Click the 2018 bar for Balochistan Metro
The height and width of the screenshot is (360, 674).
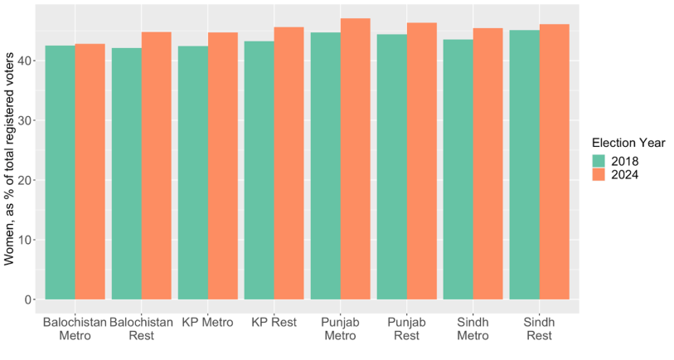(61, 173)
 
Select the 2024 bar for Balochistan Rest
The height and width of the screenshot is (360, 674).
(157, 166)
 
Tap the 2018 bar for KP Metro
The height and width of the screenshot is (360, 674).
(193, 173)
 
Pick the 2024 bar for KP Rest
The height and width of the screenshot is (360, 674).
(289, 163)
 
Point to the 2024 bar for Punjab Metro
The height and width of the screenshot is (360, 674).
(356, 158)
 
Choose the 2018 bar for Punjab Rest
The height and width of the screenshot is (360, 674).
(392, 167)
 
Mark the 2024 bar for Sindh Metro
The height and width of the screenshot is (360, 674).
(487, 164)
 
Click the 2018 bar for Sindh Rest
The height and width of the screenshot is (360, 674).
(525, 165)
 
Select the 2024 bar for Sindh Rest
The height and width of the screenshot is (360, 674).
(555, 162)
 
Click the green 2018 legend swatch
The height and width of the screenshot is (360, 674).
(599, 161)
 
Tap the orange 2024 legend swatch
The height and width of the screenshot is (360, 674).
(599, 175)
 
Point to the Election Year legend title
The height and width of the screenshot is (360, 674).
(628, 143)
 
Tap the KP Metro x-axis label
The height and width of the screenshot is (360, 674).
(207, 323)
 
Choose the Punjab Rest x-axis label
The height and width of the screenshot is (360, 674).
(406, 329)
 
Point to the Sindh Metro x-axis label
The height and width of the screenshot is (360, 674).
(473, 329)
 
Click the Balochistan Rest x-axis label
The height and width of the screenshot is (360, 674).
(141, 329)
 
